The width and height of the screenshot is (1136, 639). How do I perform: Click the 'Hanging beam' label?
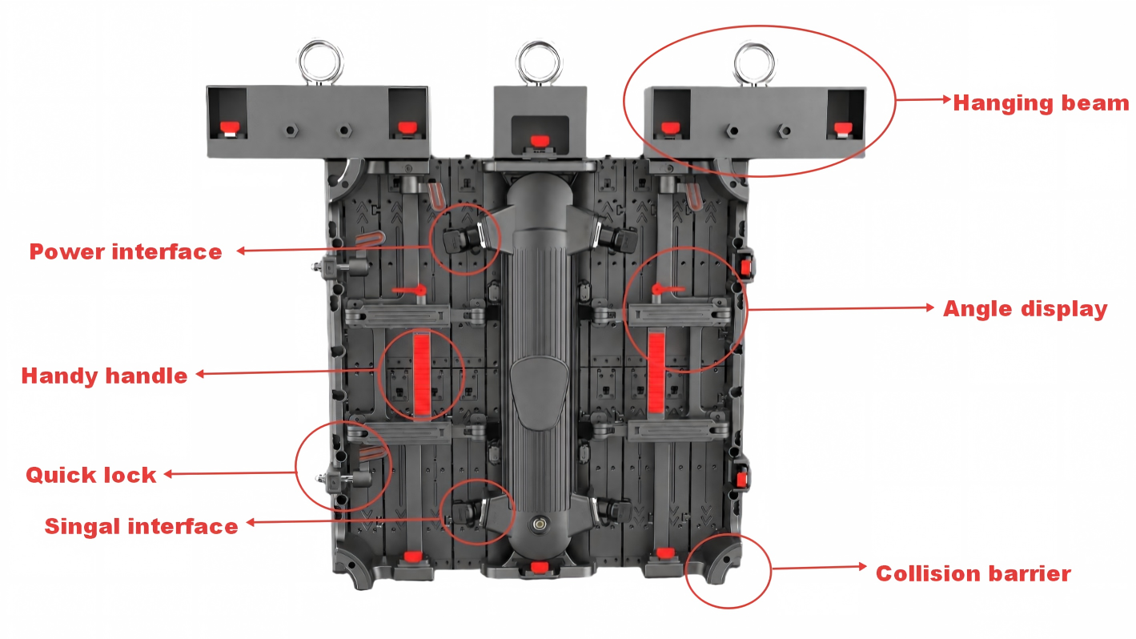click(1041, 103)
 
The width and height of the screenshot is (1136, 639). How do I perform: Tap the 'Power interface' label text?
click(126, 251)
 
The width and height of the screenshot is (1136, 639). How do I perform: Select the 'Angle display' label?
click(1025, 309)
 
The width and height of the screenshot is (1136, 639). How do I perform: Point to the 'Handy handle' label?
click(104, 376)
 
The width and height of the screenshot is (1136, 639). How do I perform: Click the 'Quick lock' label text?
click(91, 475)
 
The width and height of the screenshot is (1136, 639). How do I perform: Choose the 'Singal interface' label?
click(141, 526)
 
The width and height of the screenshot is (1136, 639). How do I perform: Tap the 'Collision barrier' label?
click(973, 573)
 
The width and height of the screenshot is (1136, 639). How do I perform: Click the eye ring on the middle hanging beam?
click(539, 43)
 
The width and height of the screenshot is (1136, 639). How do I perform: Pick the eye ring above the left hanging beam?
click(320, 43)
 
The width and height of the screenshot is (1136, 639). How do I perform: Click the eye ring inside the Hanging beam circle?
click(755, 46)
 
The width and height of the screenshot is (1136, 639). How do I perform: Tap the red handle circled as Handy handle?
click(421, 374)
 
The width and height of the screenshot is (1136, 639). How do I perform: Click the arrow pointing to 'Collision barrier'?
click(819, 567)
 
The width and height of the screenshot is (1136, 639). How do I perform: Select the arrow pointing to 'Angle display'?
click(841, 307)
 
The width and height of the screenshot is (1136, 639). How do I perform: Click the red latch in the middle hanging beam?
click(540, 140)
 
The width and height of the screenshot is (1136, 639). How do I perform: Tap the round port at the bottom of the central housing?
click(540, 524)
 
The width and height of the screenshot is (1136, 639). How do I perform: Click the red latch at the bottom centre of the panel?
click(540, 567)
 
